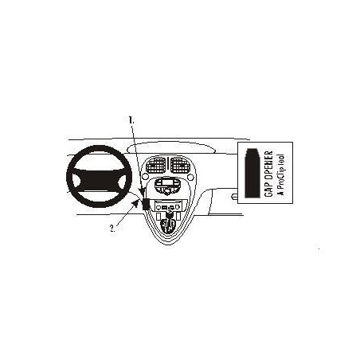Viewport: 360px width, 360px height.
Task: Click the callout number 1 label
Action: [x=131, y=120]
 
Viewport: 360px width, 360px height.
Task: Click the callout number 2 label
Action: [x=113, y=228]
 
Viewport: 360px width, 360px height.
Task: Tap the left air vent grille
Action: [x=156, y=165]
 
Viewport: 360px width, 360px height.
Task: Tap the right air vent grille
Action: [x=180, y=165]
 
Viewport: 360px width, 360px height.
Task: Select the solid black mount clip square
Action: [x=146, y=204]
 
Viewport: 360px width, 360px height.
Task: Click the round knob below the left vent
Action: [x=145, y=176]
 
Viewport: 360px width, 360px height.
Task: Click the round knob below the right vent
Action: [x=190, y=177]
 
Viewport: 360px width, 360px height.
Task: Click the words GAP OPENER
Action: [x=268, y=174]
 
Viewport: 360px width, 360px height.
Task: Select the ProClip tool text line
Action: [x=280, y=175]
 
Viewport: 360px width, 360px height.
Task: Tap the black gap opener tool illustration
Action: [x=252, y=173]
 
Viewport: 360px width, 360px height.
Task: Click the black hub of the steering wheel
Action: [x=100, y=182]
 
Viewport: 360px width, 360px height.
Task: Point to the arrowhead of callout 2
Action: [x=136, y=204]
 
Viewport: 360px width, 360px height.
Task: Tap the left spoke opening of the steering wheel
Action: [x=76, y=182]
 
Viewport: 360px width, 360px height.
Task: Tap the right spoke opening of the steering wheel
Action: [x=123, y=181]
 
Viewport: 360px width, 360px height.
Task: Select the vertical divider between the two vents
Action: [x=168, y=165]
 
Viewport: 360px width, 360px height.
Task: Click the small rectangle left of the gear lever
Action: [x=158, y=216]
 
